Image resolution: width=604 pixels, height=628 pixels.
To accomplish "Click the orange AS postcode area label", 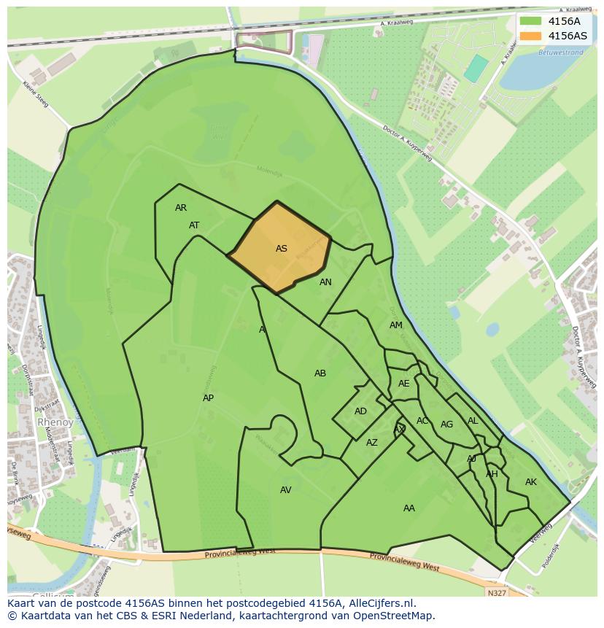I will [x=282, y=249].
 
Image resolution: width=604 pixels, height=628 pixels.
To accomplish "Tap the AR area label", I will [x=181, y=208].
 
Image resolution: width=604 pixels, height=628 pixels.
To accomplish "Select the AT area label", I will [x=194, y=225].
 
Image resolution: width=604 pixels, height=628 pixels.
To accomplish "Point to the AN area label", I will [x=325, y=282].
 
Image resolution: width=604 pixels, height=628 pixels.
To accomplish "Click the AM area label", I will [x=396, y=325].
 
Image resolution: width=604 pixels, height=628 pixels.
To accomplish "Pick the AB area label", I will [x=320, y=373].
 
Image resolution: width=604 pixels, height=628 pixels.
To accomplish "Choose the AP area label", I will [x=209, y=398].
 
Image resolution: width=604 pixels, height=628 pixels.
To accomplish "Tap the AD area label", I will [x=360, y=411].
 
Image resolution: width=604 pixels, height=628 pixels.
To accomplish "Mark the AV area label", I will [x=286, y=490].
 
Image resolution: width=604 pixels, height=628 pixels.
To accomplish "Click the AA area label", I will [x=409, y=508].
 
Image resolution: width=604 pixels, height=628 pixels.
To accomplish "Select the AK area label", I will [x=531, y=482].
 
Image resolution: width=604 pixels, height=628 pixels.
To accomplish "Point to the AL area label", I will [x=473, y=421].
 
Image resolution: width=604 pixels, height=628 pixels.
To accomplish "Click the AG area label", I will [x=447, y=425].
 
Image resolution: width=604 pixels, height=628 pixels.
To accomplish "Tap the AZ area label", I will [x=372, y=443].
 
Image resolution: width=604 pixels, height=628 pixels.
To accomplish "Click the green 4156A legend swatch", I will [x=531, y=21].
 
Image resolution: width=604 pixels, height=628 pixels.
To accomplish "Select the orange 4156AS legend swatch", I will [x=531, y=36].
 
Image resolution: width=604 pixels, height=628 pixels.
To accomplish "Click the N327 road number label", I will [x=497, y=593].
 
